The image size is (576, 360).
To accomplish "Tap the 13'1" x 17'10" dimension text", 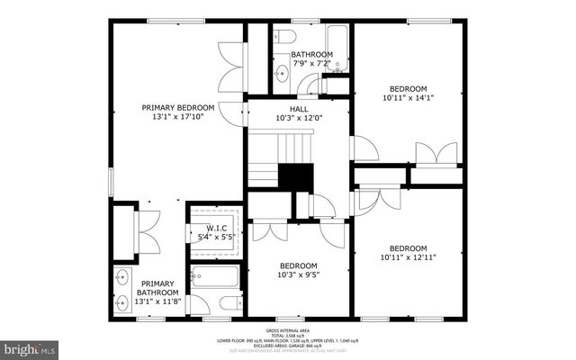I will pyautogui.click(x=178, y=118).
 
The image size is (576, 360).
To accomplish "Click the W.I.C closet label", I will pyautogui.click(x=215, y=228).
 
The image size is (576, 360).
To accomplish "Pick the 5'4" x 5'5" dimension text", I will pyautogui.click(x=215, y=238).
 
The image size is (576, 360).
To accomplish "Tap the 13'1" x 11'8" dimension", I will pyautogui.click(x=157, y=302).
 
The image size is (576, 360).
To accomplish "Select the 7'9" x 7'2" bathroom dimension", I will pyautogui.click(x=311, y=64).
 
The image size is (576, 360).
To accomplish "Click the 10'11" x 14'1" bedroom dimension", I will pyautogui.click(x=409, y=98).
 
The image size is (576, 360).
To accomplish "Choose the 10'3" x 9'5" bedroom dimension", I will pyautogui.click(x=298, y=275).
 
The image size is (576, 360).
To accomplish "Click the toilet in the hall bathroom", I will pyautogui.click(x=284, y=37).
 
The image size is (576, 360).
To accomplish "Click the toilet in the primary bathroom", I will pyautogui.click(x=229, y=301).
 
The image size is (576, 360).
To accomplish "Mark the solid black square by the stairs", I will pyautogui.click(x=294, y=176).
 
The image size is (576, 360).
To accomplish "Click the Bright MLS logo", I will pyautogui.click(x=30, y=346).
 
